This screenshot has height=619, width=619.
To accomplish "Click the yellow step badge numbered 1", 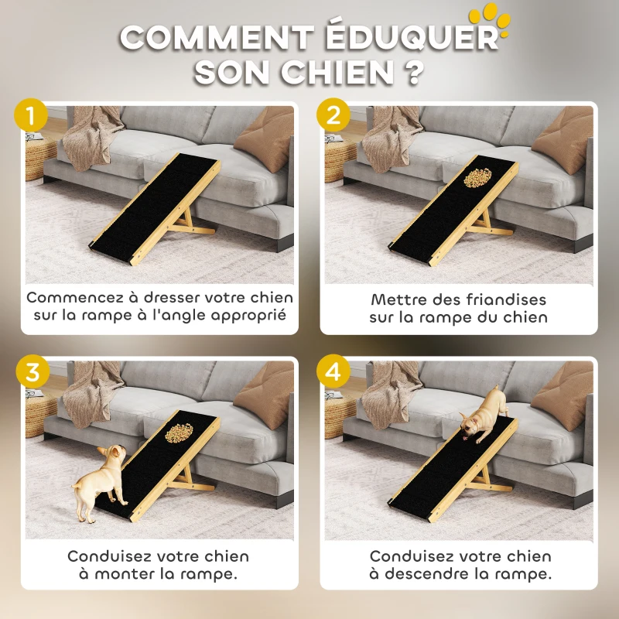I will click(x=31, y=117).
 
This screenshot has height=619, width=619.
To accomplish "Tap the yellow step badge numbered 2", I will click(x=333, y=117).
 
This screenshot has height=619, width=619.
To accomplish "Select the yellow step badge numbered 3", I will click(x=31, y=371).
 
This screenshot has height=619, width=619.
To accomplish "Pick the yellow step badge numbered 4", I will click(x=333, y=371).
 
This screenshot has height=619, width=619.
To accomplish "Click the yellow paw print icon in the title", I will click(x=492, y=19).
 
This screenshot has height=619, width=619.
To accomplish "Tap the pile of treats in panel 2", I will click(x=477, y=179).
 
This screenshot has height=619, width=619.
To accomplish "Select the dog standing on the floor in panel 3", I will click(x=97, y=480).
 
